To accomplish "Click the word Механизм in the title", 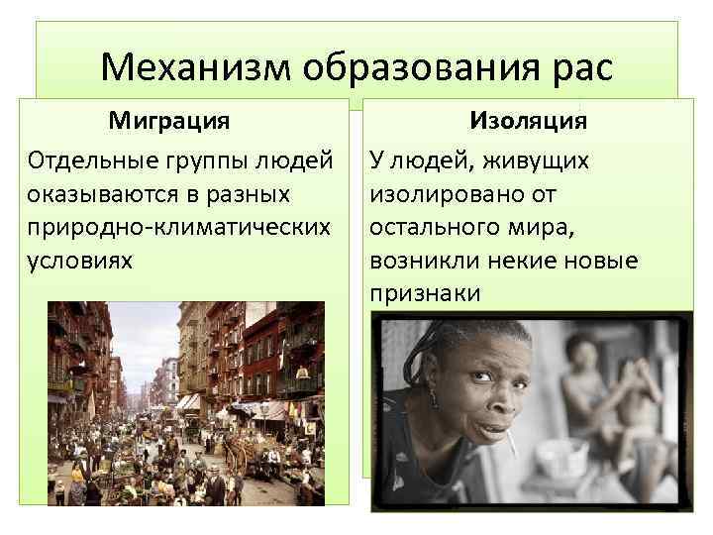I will click(x=194, y=67).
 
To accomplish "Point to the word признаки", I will click(x=425, y=294).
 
